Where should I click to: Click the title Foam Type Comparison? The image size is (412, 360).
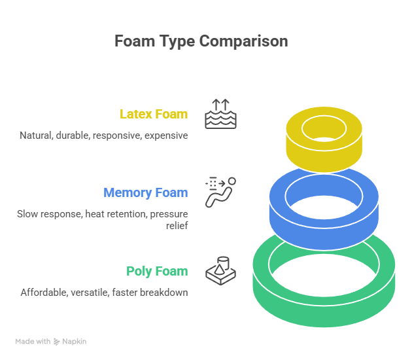[x=201, y=41]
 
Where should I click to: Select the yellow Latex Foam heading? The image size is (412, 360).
[x=154, y=115]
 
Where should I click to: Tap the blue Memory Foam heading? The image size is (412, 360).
[x=145, y=193]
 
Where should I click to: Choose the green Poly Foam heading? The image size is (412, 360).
[x=157, y=272]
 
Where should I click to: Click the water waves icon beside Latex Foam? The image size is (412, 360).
[x=221, y=114]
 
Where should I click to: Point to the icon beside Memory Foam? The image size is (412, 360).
[x=221, y=192]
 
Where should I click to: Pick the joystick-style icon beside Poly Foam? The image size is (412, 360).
[x=221, y=270]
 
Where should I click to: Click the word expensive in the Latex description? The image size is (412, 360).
[x=166, y=135]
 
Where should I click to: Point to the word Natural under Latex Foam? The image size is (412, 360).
[x=35, y=135]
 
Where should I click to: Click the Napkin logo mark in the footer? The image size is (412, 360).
[x=57, y=342]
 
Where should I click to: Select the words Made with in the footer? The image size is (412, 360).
[x=33, y=342]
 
